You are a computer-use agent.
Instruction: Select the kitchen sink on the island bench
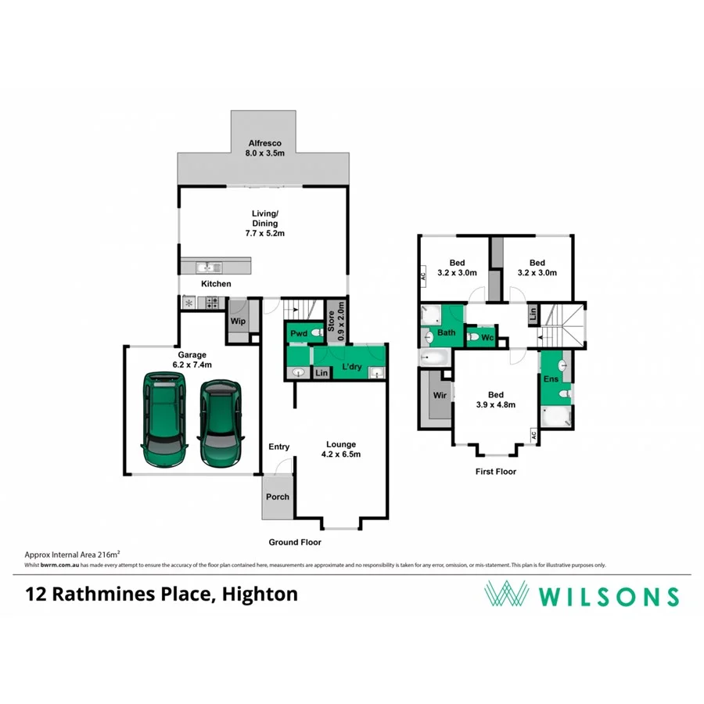pyautogui.click(x=205, y=266)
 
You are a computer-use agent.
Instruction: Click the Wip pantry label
pyautogui.click(x=237, y=320)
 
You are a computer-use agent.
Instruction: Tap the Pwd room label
pyautogui.click(x=298, y=333)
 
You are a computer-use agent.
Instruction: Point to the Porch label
pyautogui.click(x=278, y=497)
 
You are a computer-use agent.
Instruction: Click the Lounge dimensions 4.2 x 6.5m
pyautogui.click(x=340, y=454)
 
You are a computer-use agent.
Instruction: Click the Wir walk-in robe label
pyautogui.click(x=440, y=396)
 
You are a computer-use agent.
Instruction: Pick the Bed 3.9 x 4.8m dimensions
pyautogui.click(x=495, y=405)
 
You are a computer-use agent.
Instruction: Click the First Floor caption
pyautogui.click(x=496, y=472)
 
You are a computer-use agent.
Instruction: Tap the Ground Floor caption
pyautogui.click(x=295, y=542)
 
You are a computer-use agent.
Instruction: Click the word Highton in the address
pyautogui.click(x=260, y=594)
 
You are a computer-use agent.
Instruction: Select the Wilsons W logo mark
pyautogui.click(x=508, y=594)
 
